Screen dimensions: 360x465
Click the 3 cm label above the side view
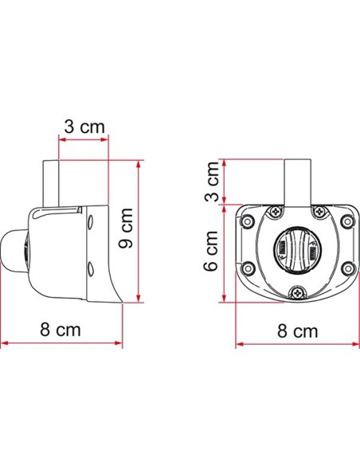click(x=84, y=127)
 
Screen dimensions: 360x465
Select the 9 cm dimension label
click(x=125, y=228)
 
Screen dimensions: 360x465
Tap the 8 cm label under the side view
click(x=61, y=329)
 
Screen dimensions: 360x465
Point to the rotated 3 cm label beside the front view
click(x=212, y=182)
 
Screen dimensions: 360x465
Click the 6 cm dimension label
click(x=211, y=251)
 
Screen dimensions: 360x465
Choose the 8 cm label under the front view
click(x=297, y=330)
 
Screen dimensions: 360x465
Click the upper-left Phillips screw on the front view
click(x=276, y=212)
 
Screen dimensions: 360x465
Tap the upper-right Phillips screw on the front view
click(x=319, y=212)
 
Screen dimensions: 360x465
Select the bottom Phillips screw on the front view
click(x=297, y=293)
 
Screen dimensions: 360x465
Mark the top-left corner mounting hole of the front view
click(x=248, y=221)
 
